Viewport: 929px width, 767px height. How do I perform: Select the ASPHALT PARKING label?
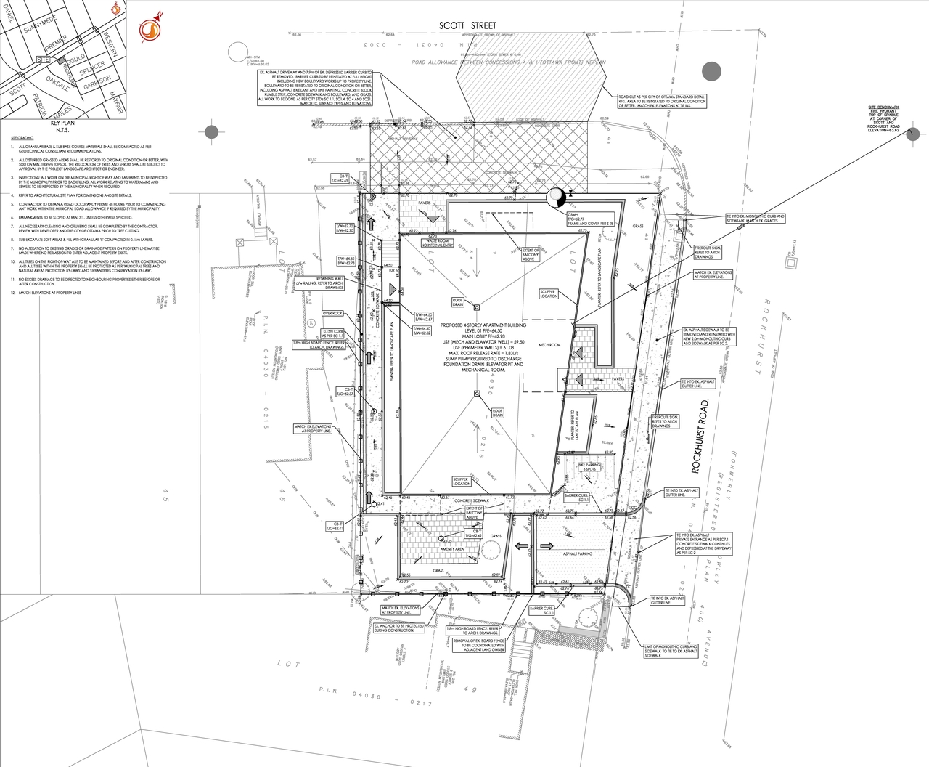click(576, 553)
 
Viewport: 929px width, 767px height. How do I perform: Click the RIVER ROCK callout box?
click(333, 313)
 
